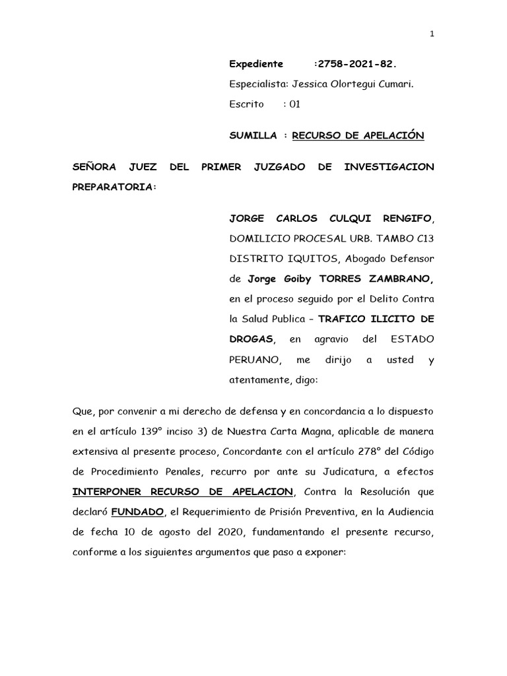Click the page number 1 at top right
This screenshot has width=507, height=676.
click(432, 34)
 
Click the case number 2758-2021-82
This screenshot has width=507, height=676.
click(357, 64)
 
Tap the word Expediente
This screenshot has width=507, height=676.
click(256, 64)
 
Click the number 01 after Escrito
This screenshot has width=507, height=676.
click(295, 104)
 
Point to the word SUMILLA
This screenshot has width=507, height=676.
click(253, 135)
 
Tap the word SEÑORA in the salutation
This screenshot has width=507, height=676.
click(94, 167)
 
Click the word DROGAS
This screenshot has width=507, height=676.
click(250, 339)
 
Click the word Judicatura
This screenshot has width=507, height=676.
click(359, 472)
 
